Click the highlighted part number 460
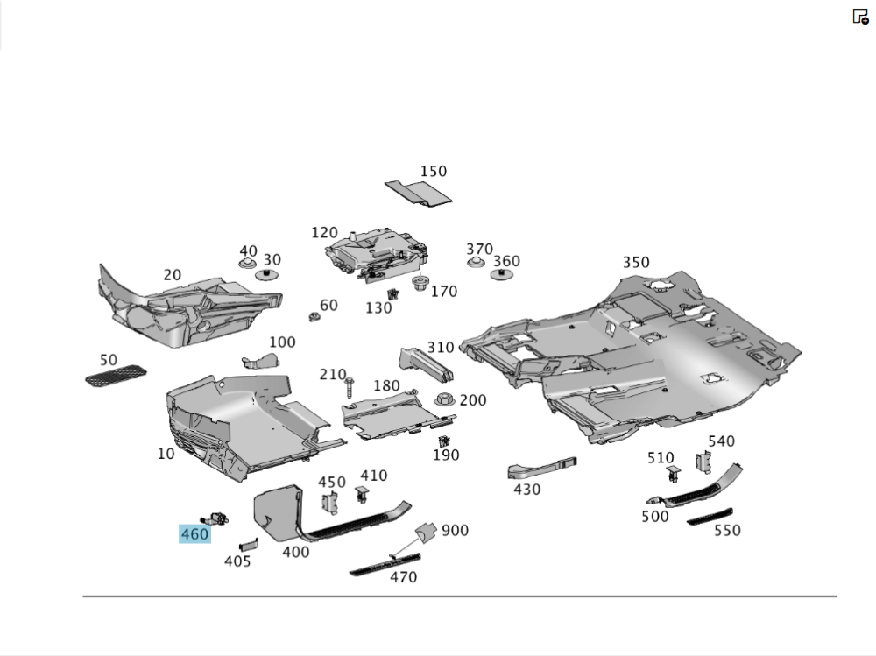(x=194, y=534)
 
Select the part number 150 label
(x=433, y=172)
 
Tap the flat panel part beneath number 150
(x=419, y=194)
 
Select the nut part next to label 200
(x=444, y=401)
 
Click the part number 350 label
(x=636, y=263)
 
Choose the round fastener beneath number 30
(x=268, y=275)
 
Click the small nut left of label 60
(x=311, y=316)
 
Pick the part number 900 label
(x=455, y=531)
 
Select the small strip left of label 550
(x=710, y=517)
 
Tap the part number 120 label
(x=324, y=233)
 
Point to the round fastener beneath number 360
(x=501, y=275)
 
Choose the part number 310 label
(x=441, y=349)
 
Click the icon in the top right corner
(x=860, y=16)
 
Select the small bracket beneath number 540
(x=703, y=462)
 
